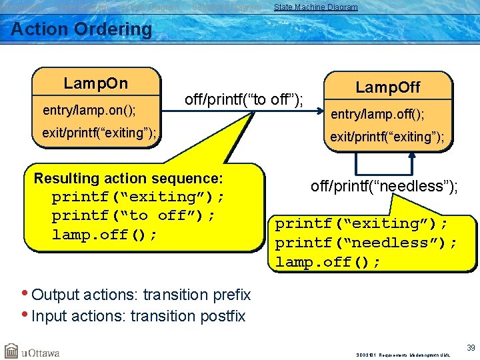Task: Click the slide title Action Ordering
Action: pyautogui.click(x=81, y=29)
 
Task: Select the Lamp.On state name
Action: pyautogui.click(x=95, y=83)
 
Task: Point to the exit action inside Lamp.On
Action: pyautogui.click(x=99, y=133)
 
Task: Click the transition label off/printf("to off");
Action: pyautogui.click(x=243, y=100)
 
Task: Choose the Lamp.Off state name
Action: pyautogui.click(x=387, y=87)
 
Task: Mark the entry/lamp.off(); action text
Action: pyautogui.click(x=377, y=114)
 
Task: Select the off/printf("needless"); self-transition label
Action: pyautogui.click(x=384, y=186)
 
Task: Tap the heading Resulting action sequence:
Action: pyautogui.click(x=128, y=178)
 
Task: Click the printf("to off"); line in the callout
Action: pyautogui.click(x=133, y=215)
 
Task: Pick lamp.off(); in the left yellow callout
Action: pyautogui.click(x=105, y=235)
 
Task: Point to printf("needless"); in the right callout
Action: pyautogui.click(x=366, y=243)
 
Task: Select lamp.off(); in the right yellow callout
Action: pyautogui.click(x=328, y=262)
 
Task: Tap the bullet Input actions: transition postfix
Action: pyautogui.click(x=138, y=315)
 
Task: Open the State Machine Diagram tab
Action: pyautogui.click(x=315, y=7)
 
